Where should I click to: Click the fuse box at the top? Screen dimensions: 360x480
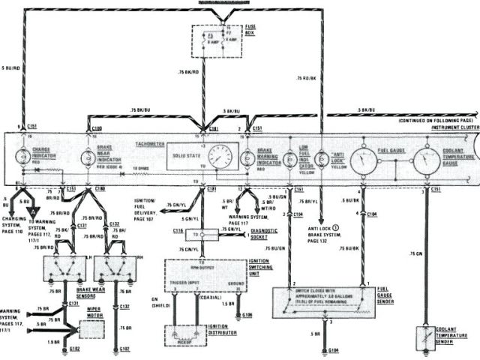pyautogui.click(x=217, y=40)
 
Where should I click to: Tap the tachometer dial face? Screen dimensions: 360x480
pyautogui.click(x=220, y=158)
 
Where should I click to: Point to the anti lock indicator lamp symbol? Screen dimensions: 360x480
pyautogui.click(x=321, y=158)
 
